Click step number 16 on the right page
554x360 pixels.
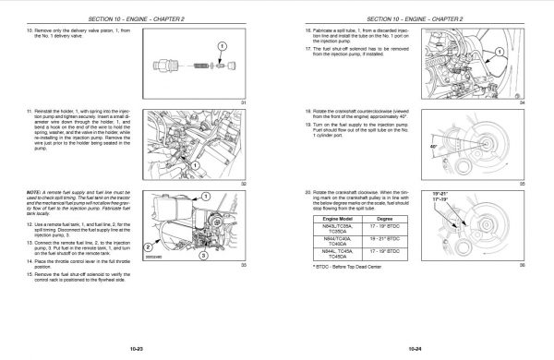pyautogui.click(x=295, y=31)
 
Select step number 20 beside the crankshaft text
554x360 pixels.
pyautogui.click(x=295, y=192)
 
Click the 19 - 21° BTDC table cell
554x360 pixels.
pyautogui.click(x=379, y=237)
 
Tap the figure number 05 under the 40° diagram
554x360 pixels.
pyautogui.click(x=521, y=184)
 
